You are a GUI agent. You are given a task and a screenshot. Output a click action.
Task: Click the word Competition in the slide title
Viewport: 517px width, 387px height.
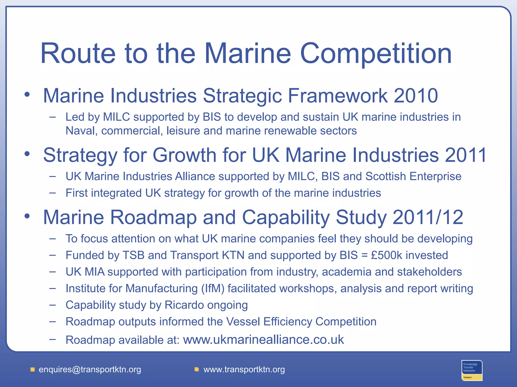point(376,53)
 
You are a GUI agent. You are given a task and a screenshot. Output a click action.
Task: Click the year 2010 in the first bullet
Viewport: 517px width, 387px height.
point(416,96)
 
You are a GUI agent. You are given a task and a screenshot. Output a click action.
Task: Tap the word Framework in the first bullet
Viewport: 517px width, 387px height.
point(338,96)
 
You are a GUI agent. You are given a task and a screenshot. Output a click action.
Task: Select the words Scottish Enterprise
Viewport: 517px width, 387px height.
point(413,176)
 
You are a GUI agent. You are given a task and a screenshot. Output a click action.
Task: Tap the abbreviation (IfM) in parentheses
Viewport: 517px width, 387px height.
point(213,288)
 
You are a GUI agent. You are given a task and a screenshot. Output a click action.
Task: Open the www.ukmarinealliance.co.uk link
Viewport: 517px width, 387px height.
point(263,340)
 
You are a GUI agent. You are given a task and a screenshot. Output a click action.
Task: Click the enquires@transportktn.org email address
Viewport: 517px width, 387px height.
point(90,370)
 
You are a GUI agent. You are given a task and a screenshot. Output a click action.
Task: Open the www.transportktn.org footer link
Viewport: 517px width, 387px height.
point(244,370)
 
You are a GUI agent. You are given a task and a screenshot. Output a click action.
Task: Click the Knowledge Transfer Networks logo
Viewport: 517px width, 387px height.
point(472,370)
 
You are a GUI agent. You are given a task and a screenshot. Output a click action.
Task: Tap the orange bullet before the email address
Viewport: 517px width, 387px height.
point(33,370)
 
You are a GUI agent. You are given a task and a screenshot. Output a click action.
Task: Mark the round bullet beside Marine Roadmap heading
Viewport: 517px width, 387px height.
point(27,216)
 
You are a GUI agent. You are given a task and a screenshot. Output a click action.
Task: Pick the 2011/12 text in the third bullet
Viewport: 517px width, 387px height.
point(428,217)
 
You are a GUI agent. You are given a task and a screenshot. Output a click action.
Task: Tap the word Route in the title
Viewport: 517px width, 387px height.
point(78,53)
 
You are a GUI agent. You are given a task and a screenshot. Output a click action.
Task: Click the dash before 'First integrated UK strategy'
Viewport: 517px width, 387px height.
point(53,193)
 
